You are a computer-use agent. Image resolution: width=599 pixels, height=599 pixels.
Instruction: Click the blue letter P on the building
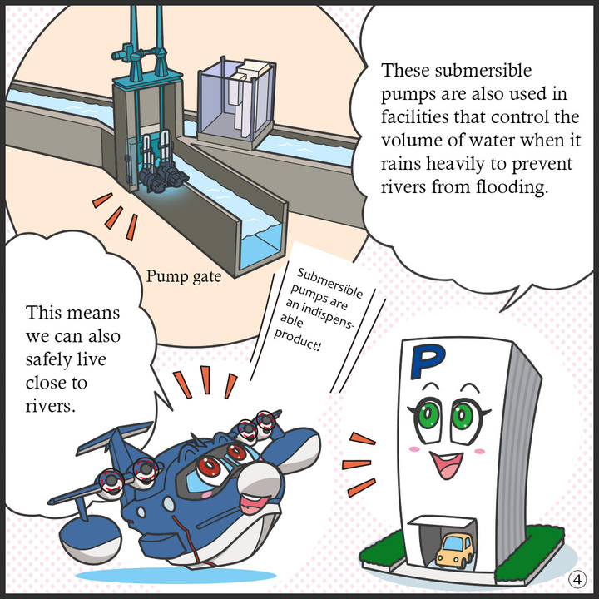pos(426,360)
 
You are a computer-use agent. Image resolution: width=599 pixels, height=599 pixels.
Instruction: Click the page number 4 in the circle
pos(577,580)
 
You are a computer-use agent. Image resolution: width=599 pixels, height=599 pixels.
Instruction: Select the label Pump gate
pos(184,276)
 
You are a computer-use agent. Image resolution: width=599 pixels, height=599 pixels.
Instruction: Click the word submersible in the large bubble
pos(483,71)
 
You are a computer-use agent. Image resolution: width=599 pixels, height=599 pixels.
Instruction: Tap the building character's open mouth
pos(446,464)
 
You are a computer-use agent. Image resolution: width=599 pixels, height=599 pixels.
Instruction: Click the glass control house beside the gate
pos(235,102)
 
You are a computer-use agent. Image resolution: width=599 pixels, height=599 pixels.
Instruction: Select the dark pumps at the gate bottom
pos(164,176)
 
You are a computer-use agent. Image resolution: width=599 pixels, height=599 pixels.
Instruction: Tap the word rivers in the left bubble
pos(51,406)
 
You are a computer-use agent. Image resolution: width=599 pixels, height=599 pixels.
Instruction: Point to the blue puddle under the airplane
pos(176,576)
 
